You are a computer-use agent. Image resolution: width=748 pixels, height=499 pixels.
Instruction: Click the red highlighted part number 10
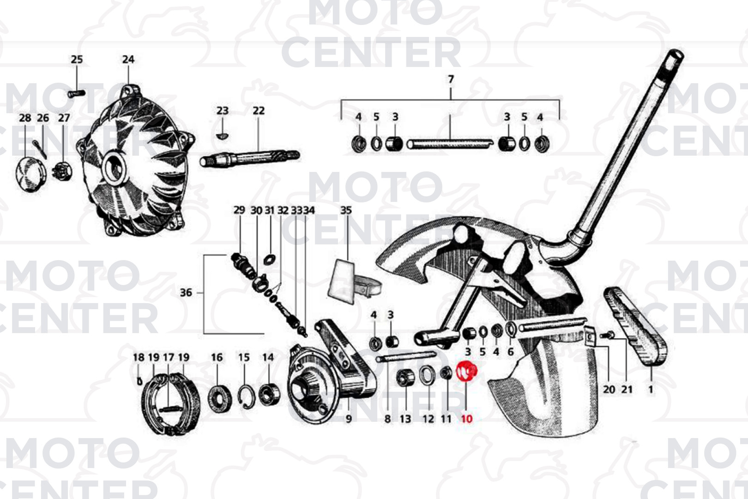(466, 419)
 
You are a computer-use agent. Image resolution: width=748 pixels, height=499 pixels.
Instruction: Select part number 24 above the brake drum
(128, 60)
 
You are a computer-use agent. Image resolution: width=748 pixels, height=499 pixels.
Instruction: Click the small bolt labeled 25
(77, 94)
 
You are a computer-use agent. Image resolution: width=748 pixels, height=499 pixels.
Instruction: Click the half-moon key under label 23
(222, 135)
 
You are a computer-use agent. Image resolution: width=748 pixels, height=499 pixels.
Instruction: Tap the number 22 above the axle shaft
(259, 110)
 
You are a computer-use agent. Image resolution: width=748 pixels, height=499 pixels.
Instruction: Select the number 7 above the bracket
(451, 79)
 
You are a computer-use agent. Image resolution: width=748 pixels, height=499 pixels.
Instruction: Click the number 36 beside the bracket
(186, 293)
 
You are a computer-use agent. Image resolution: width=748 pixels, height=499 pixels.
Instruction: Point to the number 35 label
(346, 210)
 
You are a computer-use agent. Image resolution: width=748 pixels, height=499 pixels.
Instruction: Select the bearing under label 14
(269, 395)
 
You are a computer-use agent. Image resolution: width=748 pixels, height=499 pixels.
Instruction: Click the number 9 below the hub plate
(349, 419)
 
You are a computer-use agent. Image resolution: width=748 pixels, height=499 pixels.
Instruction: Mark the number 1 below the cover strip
(651, 389)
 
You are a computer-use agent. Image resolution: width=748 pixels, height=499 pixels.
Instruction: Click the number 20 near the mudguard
(609, 389)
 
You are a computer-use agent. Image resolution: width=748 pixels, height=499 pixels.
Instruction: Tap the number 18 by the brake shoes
(139, 357)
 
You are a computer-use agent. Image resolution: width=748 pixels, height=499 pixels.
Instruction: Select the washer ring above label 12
(427, 375)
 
